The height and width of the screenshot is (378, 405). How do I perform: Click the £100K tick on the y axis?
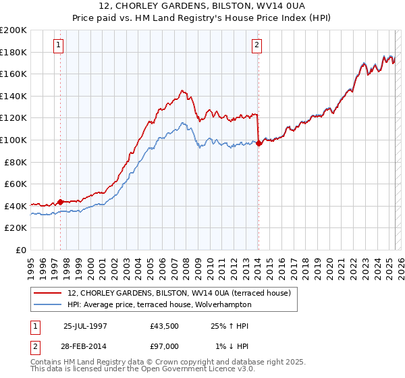13,140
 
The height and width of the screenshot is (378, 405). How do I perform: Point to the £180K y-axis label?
13,52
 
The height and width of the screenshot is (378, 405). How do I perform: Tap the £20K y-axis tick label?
16,228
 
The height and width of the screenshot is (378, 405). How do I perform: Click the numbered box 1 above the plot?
59,45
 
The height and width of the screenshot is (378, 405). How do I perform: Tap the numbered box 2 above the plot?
257,45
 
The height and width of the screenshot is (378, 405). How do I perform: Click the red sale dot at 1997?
61,201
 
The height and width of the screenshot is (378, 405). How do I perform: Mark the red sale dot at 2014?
259,142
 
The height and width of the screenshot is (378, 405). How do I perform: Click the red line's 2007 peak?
182,90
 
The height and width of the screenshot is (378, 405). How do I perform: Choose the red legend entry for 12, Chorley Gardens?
178,293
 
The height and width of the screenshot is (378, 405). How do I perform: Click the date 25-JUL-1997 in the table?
85,326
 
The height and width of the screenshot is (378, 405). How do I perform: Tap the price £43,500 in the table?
165,326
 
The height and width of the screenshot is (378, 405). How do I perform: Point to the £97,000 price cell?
165,346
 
